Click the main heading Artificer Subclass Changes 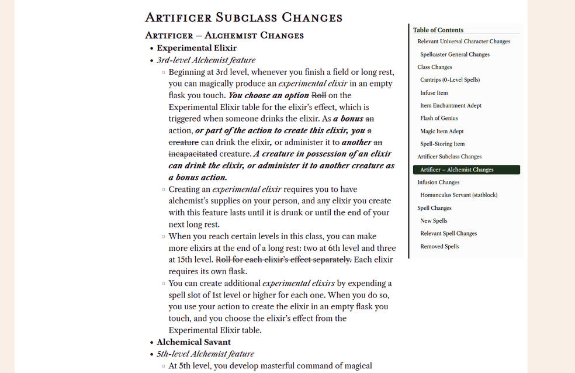coord(243,18)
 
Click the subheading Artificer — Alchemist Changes coord(224,36)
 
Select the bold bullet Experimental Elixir coord(196,48)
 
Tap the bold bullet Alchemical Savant coord(193,342)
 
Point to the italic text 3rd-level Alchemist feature coord(206,60)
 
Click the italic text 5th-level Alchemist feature coord(205,354)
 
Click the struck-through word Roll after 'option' coord(318,95)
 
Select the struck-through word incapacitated coord(192,154)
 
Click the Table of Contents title coord(438,30)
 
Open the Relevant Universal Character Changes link coord(463,42)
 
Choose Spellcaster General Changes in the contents coord(455,54)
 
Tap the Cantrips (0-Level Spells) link coord(449,80)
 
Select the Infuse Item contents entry coord(434,92)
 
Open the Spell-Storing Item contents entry coord(442,144)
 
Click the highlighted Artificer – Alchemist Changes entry coord(456,170)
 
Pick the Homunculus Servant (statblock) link coord(459,195)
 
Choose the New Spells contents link coord(434,220)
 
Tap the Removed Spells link coord(439,246)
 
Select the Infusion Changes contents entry coord(438,182)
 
